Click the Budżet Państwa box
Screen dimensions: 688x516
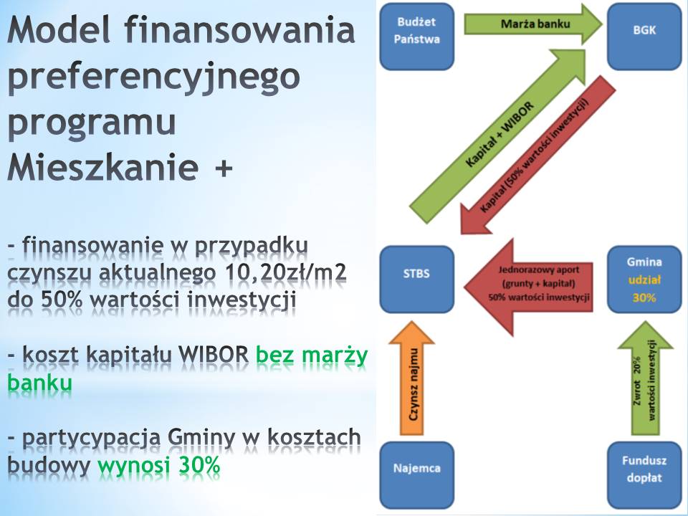pos(416,37)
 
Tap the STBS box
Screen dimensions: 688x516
pos(416,279)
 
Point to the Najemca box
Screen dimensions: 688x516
pos(416,474)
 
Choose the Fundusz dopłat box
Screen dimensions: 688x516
pos(644,474)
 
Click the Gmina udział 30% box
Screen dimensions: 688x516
pos(644,279)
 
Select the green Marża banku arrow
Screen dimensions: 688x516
pos(533,24)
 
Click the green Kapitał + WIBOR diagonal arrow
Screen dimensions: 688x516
pos(498,136)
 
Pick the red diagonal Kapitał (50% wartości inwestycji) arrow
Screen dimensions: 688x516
pos(537,155)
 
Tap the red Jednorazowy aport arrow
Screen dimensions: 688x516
pos(528,287)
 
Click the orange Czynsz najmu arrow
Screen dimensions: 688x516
pos(411,378)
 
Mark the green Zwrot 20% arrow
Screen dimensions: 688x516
pos(645,378)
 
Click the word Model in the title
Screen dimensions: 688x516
pos(58,30)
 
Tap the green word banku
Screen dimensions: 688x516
pos(39,383)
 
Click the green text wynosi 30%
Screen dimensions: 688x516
pos(159,464)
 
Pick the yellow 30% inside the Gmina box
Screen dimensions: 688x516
pos(644,298)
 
